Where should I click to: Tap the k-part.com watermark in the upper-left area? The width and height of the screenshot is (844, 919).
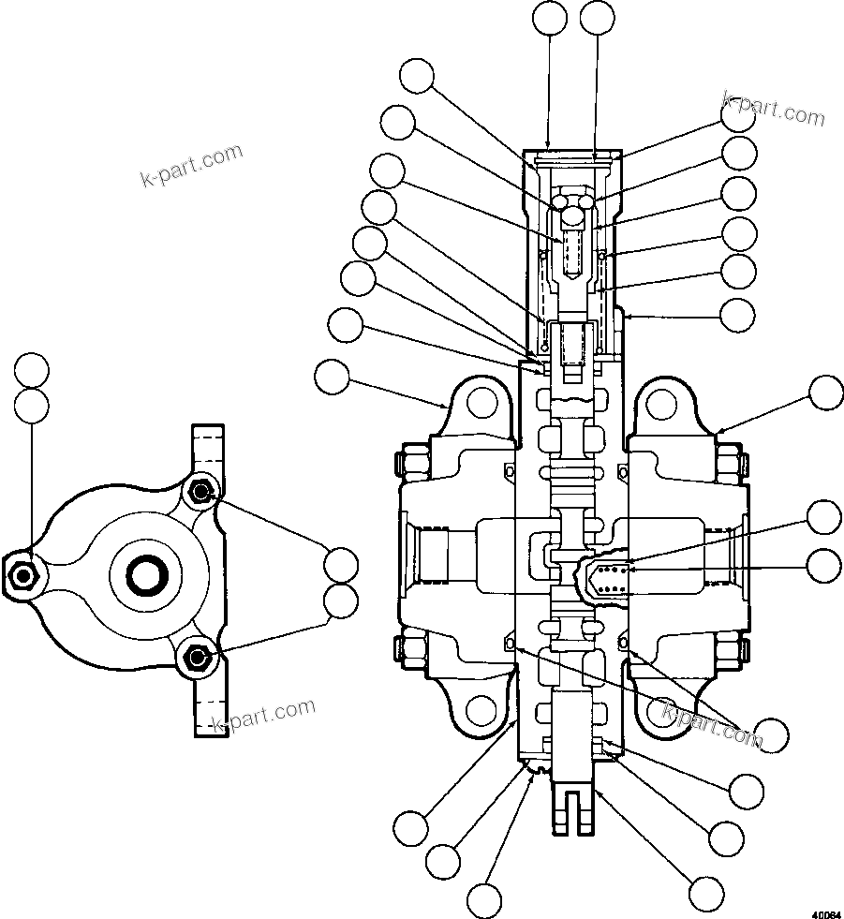191,166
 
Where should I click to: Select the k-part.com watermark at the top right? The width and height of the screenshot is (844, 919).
774,110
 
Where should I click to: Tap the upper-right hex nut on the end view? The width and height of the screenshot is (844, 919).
200,490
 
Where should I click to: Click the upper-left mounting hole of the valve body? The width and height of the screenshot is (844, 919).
482,403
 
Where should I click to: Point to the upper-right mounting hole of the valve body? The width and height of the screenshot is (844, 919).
661,404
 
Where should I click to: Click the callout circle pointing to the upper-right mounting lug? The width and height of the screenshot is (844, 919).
825,393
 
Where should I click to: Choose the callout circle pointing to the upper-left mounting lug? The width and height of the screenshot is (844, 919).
332,377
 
